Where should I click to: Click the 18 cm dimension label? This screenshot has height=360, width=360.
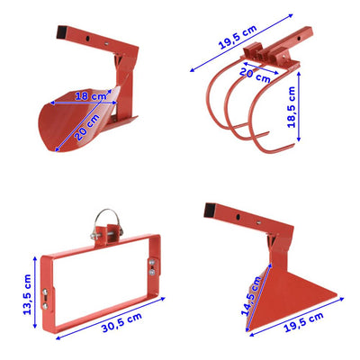(91, 96)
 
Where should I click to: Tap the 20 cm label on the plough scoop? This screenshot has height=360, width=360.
(87, 128)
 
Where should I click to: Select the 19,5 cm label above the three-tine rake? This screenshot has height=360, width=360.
(238, 37)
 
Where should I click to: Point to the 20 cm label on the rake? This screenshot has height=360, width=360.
(255, 75)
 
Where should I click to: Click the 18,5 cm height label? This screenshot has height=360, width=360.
(292, 107)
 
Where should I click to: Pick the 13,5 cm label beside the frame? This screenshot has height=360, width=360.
(27, 294)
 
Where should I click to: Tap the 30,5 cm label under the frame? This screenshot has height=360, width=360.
(121, 322)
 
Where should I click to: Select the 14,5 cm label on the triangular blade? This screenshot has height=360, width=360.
(251, 296)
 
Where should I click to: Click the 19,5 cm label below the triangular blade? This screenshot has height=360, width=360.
(303, 322)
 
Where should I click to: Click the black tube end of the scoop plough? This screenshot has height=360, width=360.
(62, 32)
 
